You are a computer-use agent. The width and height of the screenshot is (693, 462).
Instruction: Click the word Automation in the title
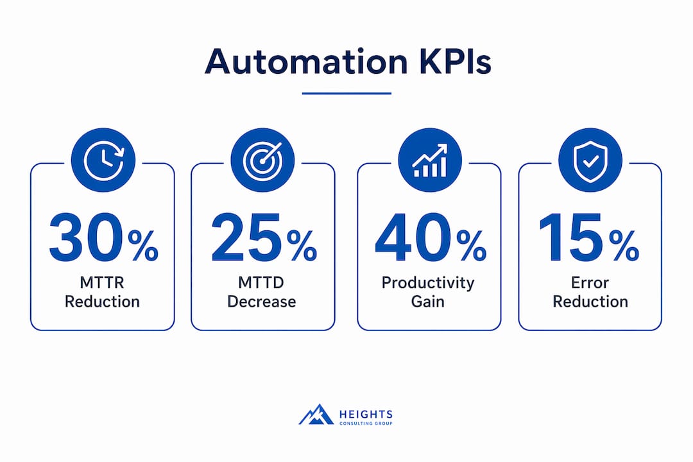[x=306, y=61]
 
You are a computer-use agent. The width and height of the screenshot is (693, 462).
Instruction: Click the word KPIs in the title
[x=455, y=61]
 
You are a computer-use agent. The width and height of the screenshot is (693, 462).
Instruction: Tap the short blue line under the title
[x=346, y=93]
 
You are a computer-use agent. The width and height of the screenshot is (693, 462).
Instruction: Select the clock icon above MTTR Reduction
[x=103, y=160]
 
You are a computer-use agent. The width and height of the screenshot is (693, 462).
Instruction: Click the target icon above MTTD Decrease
[x=262, y=160]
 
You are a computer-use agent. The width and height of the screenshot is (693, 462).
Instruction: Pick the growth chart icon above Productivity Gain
[x=429, y=160]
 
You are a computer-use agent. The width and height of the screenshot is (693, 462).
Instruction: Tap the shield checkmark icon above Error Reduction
[x=590, y=160]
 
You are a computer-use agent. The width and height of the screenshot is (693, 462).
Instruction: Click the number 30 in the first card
[x=86, y=238]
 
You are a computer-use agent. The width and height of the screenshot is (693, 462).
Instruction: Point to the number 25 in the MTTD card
[x=246, y=238]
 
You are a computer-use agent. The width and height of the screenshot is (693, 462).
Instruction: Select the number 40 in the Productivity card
[x=413, y=238]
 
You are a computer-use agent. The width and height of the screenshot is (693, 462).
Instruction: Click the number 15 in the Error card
[x=571, y=238]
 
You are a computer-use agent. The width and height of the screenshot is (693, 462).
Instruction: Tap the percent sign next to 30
[x=143, y=246]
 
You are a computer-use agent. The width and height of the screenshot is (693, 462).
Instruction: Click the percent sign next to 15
[x=624, y=246]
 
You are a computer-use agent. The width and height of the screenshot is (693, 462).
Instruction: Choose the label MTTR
[x=102, y=282]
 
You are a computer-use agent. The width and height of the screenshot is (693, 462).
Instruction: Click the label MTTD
[x=261, y=282]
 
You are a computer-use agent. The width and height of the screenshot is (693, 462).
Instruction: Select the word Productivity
[x=428, y=283]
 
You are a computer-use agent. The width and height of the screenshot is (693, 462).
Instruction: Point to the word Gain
[x=428, y=302]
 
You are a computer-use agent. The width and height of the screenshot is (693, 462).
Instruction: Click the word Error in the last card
[x=590, y=282]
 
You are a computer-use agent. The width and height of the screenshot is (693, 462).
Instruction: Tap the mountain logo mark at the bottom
[x=316, y=415]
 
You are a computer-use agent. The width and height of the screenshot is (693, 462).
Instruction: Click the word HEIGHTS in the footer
[x=366, y=415]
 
